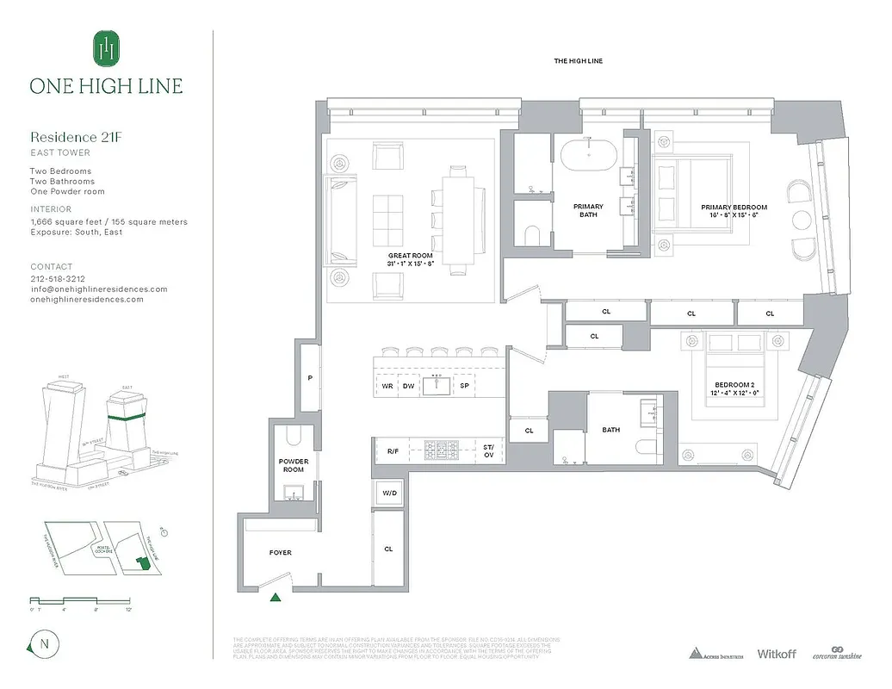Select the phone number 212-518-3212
click(57, 279)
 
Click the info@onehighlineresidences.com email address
click(99, 289)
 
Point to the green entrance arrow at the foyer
click(276, 596)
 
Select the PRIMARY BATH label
click(589, 210)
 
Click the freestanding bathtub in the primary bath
click(589, 157)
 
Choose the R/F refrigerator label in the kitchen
click(392, 449)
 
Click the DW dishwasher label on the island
click(408, 387)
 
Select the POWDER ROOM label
click(293, 465)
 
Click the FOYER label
click(279, 553)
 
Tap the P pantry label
click(309, 378)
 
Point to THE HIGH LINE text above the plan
click(577, 62)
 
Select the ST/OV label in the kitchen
click(488, 449)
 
